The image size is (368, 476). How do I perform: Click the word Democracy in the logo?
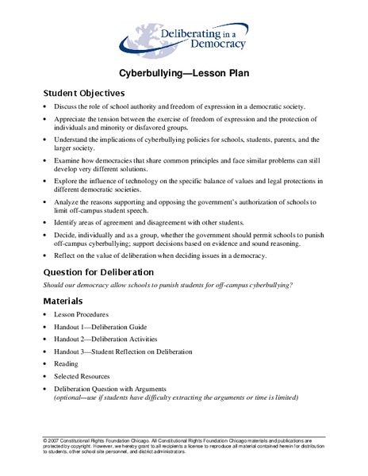(202, 45)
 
